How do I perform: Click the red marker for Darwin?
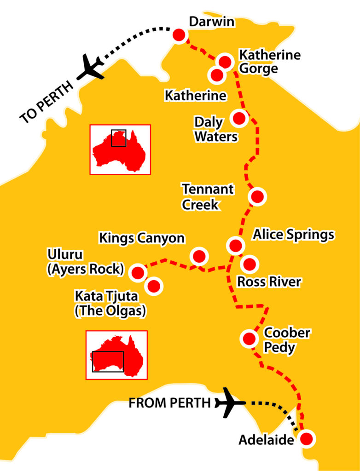(179, 35)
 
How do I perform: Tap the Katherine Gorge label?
(263, 62)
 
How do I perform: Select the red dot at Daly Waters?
(239, 118)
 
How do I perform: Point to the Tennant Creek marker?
(257, 196)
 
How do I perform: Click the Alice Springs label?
(293, 235)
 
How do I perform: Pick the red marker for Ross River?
(249, 264)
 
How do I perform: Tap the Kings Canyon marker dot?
(199, 256)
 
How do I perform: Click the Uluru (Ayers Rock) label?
(86, 262)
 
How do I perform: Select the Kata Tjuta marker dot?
(154, 286)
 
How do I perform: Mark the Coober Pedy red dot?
(249, 339)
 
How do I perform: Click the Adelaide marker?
(307, 438)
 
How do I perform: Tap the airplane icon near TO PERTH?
(92, 68)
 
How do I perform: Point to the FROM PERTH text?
(169, 403)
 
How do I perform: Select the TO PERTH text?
(46, 101)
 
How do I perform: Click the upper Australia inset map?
(120, 149)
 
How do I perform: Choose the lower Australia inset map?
(116, 355)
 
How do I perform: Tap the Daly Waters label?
(215, 129)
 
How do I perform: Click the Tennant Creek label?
(207, 196)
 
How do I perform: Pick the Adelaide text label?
(266, 440)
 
